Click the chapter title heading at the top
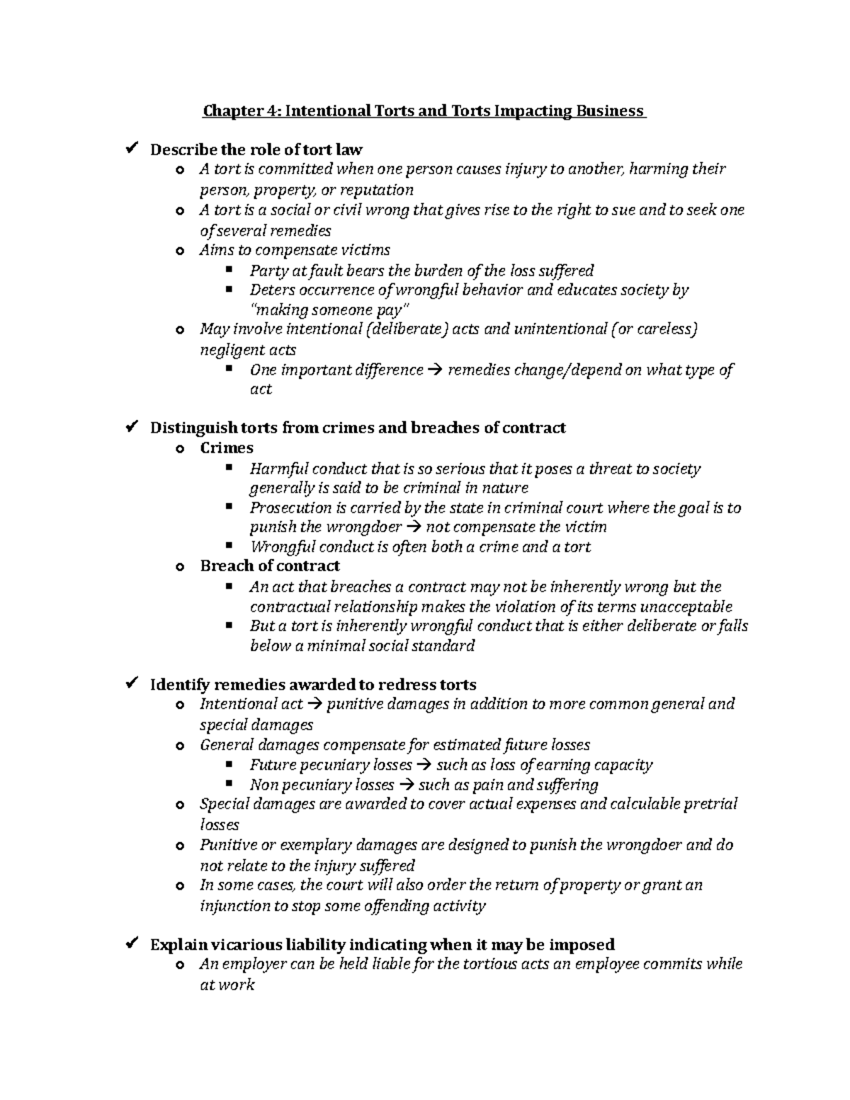pyautogui.click(x=424, y=111)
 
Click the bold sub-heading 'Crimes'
pyautogui.click(x=227, y=448)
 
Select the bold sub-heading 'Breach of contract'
pyautogui.click(x=270, y=566)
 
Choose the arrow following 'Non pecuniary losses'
pyautogui.click(x=407, y=786)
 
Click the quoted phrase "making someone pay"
pyautogui.click(x=330, y=310)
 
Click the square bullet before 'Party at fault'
pyautogui.click(x=228, y=270)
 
